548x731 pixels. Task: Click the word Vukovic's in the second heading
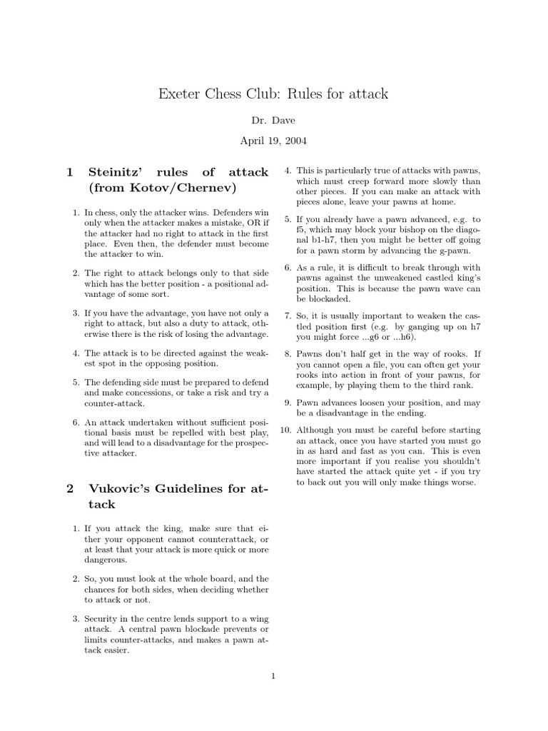121,489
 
